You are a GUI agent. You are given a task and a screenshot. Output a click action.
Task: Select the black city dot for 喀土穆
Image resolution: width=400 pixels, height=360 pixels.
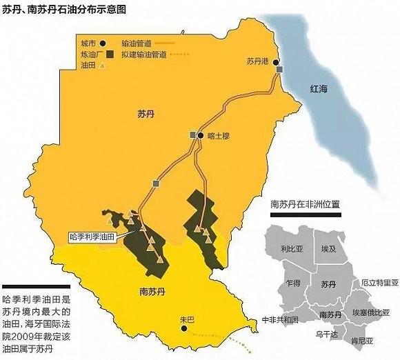(200, 136)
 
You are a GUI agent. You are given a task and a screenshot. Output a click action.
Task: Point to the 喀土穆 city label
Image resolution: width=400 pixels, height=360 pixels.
(217, 137)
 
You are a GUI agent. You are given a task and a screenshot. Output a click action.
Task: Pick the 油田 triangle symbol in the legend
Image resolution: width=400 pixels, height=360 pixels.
(103, 66)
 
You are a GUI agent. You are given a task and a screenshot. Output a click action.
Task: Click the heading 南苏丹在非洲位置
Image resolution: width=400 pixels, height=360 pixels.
(310, 205)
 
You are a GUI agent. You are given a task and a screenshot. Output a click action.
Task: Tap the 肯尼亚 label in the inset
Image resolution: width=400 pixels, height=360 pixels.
(361, 341)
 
